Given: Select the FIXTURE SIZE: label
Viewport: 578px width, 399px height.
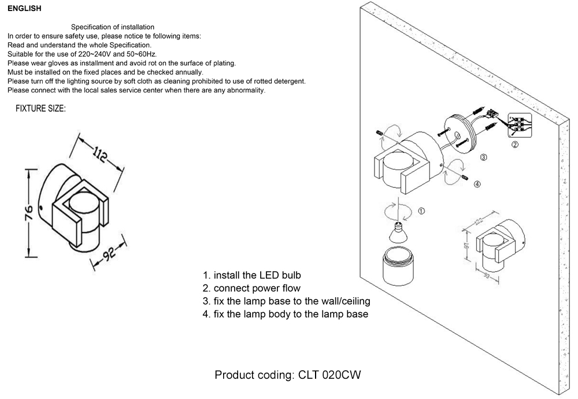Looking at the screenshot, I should [40, 109].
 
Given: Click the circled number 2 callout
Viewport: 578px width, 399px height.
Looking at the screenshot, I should [514, 145].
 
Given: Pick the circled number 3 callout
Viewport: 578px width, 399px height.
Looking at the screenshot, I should [484, 157].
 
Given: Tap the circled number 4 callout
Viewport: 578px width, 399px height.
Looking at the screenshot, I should [477, 184].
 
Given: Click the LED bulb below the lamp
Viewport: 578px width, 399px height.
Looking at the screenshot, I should [397, 231].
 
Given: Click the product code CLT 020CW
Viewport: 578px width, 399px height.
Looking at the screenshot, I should [288, 375].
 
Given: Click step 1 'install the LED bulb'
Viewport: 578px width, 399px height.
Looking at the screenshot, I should [251, 275].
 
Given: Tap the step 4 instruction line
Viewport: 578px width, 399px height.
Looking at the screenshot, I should [285, 314].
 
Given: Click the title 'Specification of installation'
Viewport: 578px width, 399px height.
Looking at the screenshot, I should [113, 27].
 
